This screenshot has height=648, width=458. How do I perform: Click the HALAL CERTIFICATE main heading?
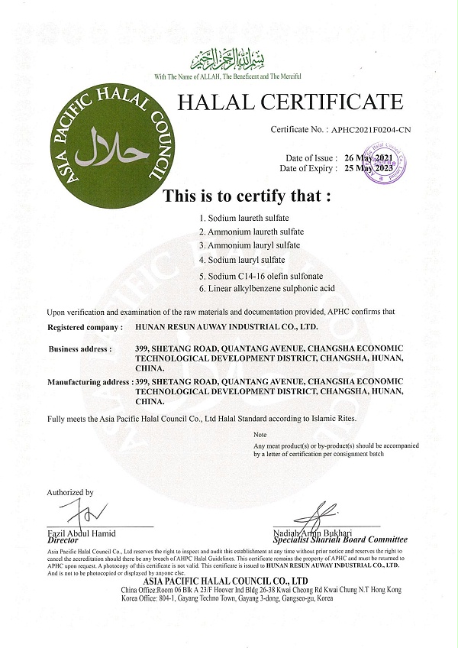[x=289, y=102]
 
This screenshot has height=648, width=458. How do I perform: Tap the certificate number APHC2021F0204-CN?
[x=361, y=131]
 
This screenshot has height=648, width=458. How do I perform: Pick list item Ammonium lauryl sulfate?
[x=248, y=245]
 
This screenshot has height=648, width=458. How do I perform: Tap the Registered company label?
[x=85, y=326]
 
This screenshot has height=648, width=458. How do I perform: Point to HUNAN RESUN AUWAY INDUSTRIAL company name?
[x=226, y=326]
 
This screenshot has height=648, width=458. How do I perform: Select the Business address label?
[x=80, y=348]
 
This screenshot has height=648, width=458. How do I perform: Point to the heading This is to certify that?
[x=247, y=195]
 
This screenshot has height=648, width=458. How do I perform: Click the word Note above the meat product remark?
[x=260, y=435]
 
